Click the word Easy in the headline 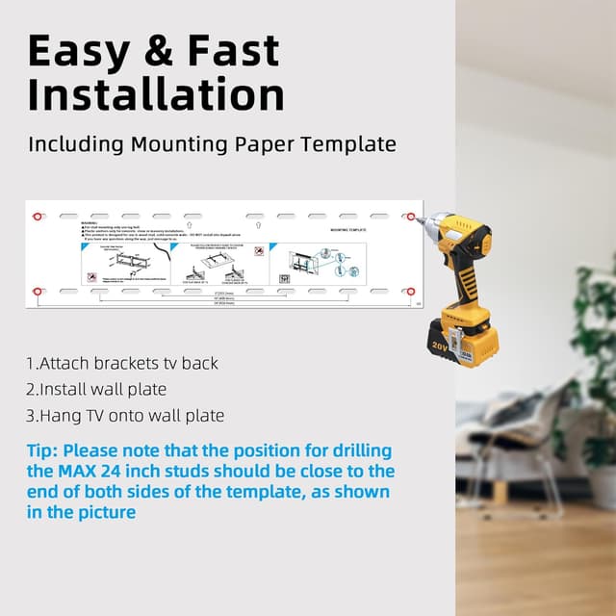[78, 50]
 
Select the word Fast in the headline [232, 50]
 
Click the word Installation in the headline [156, 96]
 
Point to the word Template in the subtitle [347, 144]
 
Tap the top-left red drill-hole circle [38, 216]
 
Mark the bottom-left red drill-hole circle [38, 290]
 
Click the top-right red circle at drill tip [417, 218]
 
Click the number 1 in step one [30, 364]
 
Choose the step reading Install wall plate [96, 390]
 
